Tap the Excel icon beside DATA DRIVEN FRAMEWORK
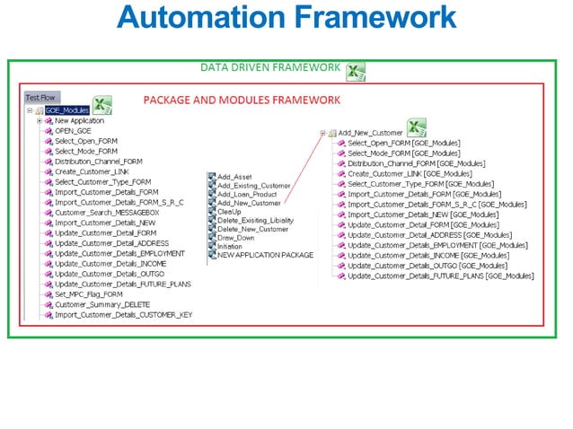[x=356, y=72]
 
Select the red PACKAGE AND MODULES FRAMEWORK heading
[x=242, y=100]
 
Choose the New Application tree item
[x=79, y=120]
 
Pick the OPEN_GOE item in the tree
[x=73, y=131]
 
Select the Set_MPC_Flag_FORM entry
[x=89, y=293]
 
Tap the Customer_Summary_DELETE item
[x=101, y=304]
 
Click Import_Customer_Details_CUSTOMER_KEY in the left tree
[x=123, y=315]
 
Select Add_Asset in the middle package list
[x=234, y=177]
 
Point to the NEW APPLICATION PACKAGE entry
[x=265, y=255]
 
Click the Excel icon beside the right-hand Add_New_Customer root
[x=416, y=128]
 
